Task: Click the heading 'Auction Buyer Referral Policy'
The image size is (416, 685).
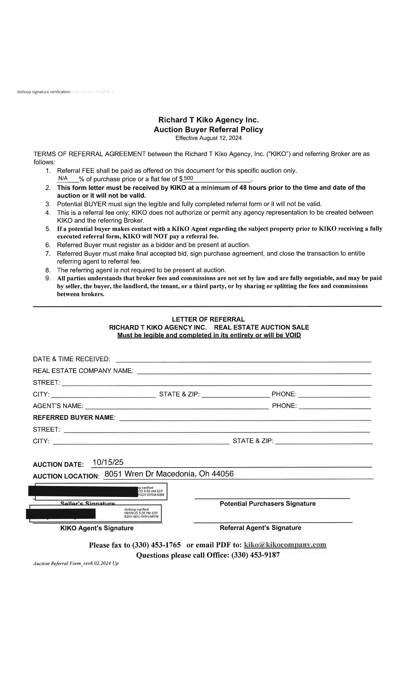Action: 208,129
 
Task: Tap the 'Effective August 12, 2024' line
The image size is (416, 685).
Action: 208,138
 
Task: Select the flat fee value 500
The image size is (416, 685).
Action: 189,178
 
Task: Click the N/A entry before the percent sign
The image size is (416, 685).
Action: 63,178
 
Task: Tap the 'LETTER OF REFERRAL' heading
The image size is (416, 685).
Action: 208,320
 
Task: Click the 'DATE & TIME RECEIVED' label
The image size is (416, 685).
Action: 71,359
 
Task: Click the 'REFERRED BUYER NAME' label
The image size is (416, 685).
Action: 74,418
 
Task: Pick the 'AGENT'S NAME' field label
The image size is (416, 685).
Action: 58,406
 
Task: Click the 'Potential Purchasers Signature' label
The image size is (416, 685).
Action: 268,504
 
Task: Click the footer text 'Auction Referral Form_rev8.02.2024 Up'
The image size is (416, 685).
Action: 76,563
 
